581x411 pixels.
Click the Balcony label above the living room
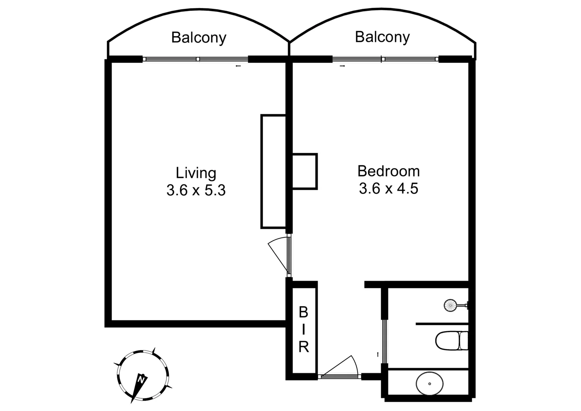pyautogui.click(x=198, y=38)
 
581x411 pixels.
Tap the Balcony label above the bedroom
pyautogui.click(x=382, y=37)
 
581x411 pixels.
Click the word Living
pyautogui.click(x=196, y=173)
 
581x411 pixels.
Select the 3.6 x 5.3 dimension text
pyautogui.click(x=196, y=190)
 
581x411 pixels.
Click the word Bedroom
pyautogui.click(x=388, y=171)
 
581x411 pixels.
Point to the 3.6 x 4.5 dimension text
pyautogui.click(x=388, y=188)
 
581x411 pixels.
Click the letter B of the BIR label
pyautogui.click(x=303, y=312)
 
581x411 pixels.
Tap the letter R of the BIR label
pyautogui.click(x=303, y=347)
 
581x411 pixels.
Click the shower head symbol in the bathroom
pyautogui.click(x=450, y=305)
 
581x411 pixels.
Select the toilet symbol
pyautogui.click(x=452, y=340)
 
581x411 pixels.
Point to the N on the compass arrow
pyautogui.click(x=141, y=379)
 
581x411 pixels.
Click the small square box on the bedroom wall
pyautogui.click(x=304, y=171)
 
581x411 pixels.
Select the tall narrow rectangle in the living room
pyautogui.click(x=273, y=171)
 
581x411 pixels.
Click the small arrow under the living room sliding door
pyautogui.click(x=238, y=66)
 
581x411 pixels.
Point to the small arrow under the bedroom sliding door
pyautogui.click(x=342, y=66)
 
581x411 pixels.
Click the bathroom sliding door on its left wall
pyautogui.click(x=385, y=341)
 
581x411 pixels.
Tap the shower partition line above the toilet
pyautogui.click(x=442, y=324)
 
